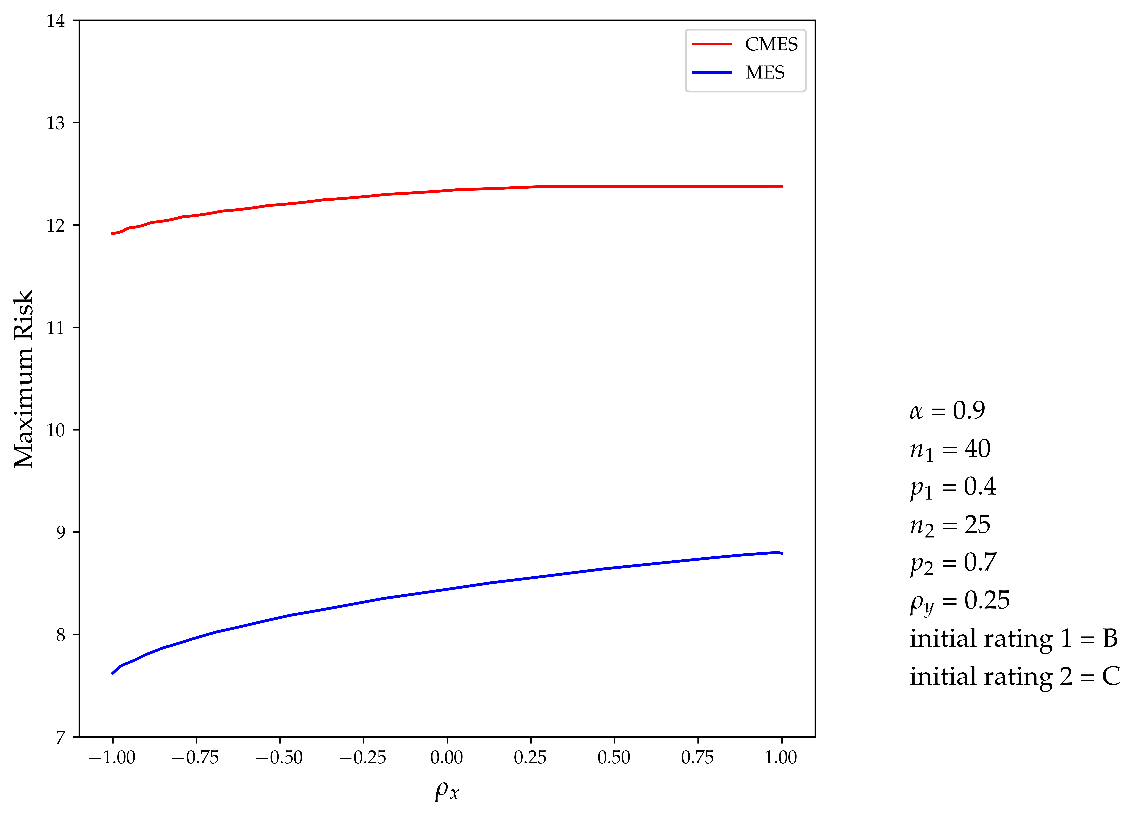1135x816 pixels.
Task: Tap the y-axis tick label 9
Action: (x=60, y=532)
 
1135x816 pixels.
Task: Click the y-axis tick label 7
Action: (x=60, y=737)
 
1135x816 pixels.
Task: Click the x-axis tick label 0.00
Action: (x=446, y=757)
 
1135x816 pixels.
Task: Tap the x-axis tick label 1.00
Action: (x=781, y=757)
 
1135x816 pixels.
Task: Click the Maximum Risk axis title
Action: (x=23, y=379)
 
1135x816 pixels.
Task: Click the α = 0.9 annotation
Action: (x=947, y=411)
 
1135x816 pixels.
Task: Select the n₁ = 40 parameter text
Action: (x=949, y=449)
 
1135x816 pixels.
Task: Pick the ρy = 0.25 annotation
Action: (x=959, y=601)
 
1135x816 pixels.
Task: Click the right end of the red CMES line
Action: (x=782, y=186)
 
